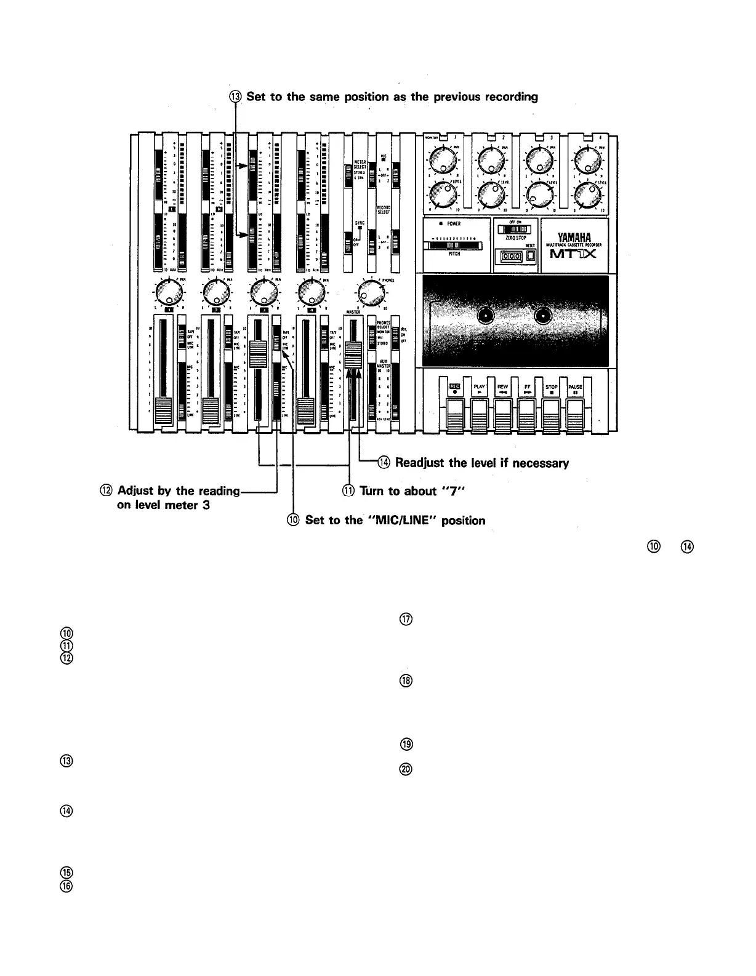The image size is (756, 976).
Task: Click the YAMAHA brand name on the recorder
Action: [x=573, y=236]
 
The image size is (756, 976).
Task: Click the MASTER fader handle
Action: [x=353, y=356]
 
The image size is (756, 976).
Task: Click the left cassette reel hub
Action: [x=486, y=317]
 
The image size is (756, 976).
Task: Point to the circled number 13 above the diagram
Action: [x=236, y=97]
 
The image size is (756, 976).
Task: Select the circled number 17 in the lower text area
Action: [x=405, y=620]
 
